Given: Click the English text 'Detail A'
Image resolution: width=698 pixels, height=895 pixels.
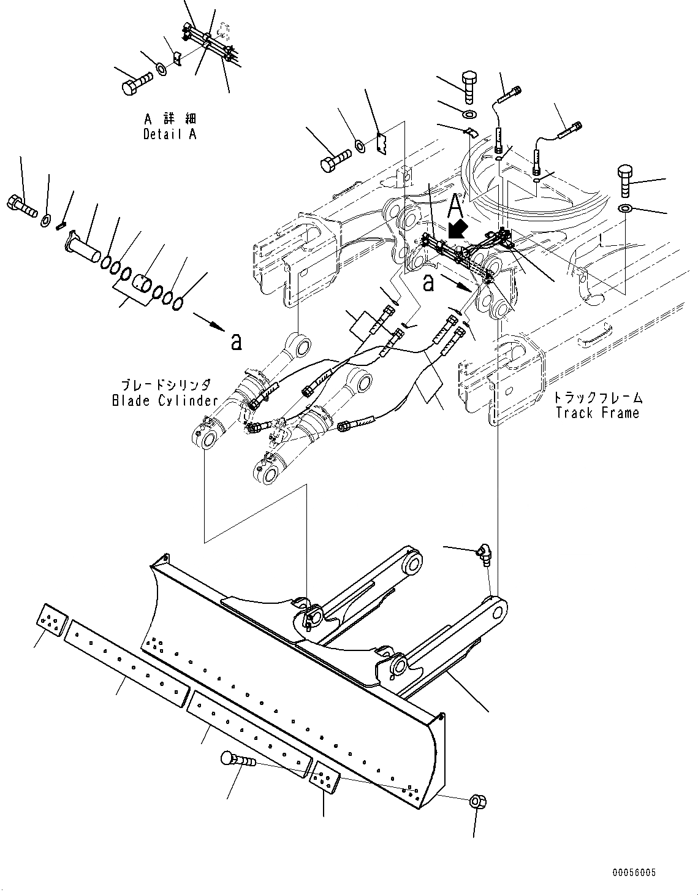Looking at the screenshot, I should tap(170, 134).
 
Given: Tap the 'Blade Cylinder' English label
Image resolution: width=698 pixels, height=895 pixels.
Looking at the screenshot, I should tap(165, 401).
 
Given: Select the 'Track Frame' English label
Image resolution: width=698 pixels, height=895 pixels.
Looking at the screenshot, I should tap(597, 413).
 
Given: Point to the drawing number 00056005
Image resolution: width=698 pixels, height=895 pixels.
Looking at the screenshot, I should tap(633, 872).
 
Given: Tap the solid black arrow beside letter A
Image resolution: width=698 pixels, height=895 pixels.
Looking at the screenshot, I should tap(456, 230).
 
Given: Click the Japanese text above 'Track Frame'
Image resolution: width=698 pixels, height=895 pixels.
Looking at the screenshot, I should tap(597, 398).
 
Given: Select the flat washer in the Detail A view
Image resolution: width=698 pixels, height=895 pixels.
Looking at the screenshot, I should tap(161, 67).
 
